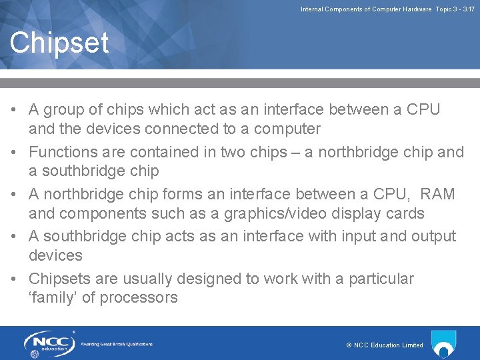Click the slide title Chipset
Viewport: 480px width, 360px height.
(x=59, y=43)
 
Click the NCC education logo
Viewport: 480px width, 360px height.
(x=48, y=344)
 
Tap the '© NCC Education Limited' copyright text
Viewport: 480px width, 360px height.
(x=385, y=345)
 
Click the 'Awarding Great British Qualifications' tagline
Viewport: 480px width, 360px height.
(x=117, y=344)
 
